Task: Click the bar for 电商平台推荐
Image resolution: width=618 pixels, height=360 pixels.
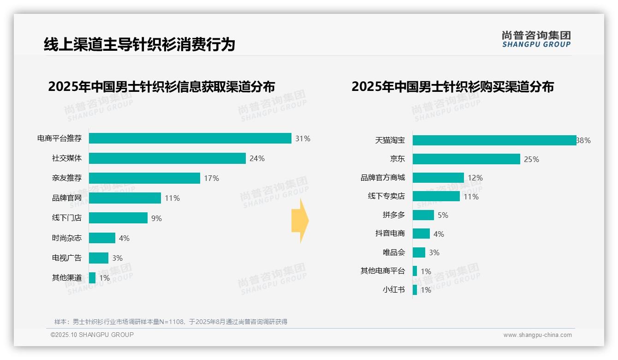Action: tap(190, 138)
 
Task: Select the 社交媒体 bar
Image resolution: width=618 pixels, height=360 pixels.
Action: tap(167, 158)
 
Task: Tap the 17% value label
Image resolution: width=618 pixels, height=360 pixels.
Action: tap(211, 178)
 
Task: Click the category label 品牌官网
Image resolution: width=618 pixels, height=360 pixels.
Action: tap(66, 198)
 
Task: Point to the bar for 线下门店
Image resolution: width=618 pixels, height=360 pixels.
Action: tap(118, 218)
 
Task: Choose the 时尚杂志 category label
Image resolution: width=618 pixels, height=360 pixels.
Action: tap(66, 238)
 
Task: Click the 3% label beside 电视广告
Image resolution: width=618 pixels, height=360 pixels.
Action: tap(117, 258)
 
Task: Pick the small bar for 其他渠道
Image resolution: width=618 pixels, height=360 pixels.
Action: tap(92, 278)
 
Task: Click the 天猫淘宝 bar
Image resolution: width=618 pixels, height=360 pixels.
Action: tap(494, 140)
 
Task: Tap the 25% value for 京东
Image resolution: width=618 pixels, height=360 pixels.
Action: tap(531, 159)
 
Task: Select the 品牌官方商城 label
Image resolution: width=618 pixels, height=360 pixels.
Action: tap(382, 178)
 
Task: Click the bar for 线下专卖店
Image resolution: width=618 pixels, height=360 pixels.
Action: tap(436, 196)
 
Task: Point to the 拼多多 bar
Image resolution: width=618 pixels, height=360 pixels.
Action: tap(423, 215)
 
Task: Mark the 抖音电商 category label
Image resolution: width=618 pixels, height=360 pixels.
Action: tap(390, 234)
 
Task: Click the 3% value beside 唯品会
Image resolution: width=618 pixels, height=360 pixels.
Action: tap(434, 252)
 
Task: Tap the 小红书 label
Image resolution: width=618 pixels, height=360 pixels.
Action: tap(393, 290)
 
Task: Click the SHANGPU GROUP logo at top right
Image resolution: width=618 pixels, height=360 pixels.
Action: tap(536, 39)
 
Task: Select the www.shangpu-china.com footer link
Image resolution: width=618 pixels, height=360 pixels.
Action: tap(537, 335)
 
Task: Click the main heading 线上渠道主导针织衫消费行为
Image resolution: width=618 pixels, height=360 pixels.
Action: tap(139, 44)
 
